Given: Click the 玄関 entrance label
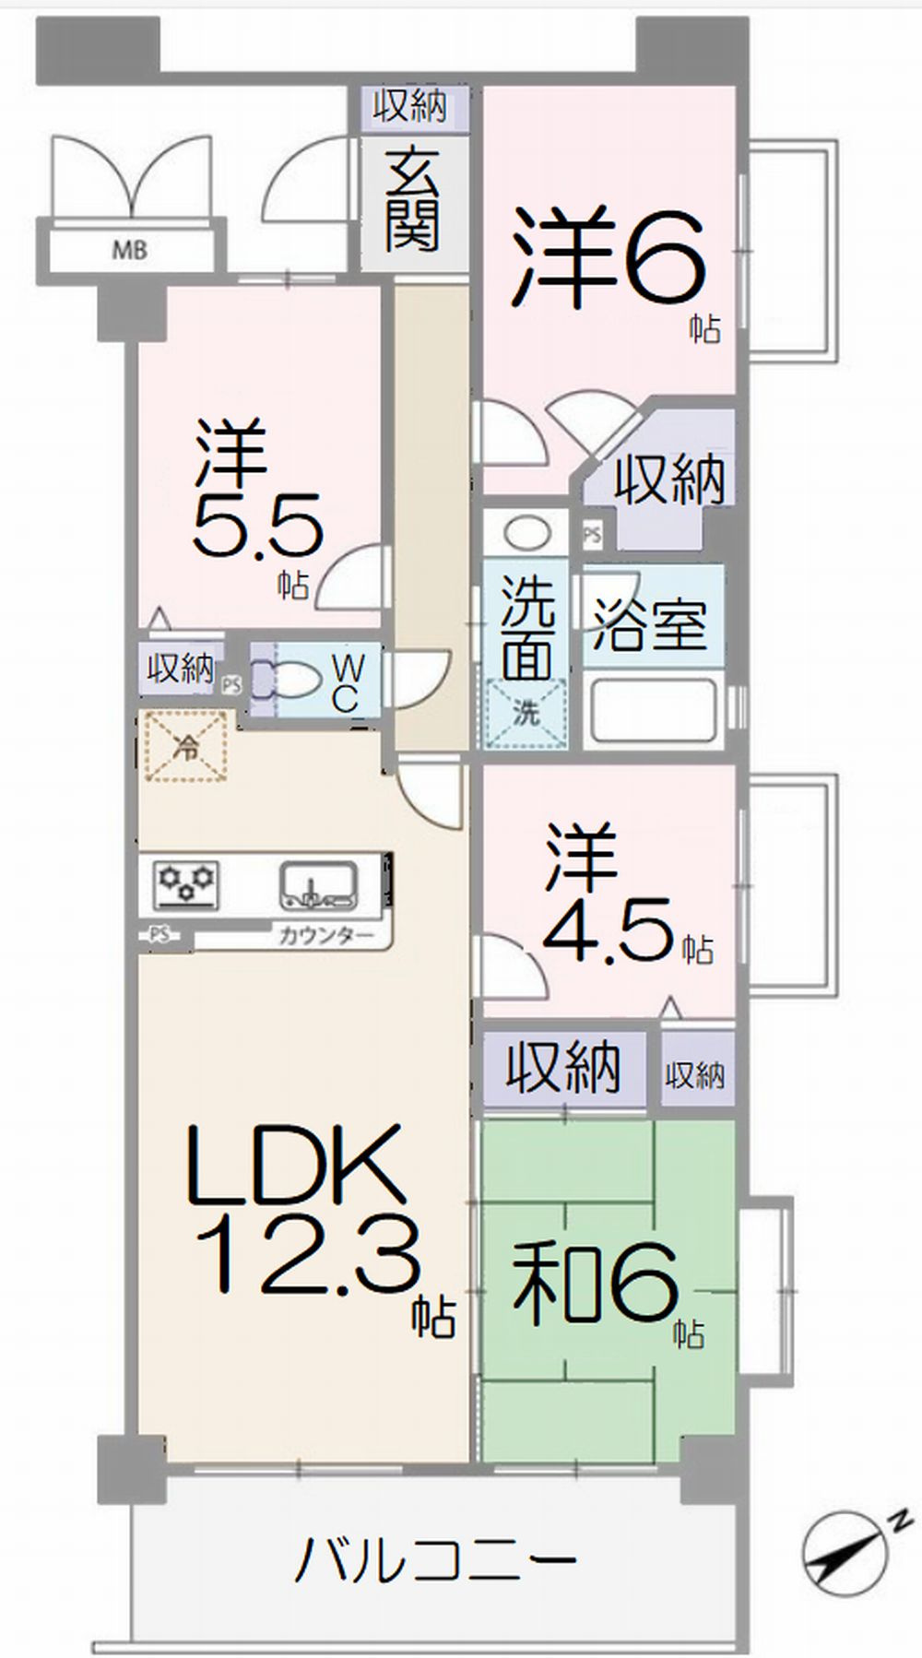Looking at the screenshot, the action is [412, 202].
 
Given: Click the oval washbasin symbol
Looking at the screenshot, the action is [526, 533].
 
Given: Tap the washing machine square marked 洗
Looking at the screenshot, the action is [526, 713].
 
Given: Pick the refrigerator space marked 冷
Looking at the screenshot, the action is [187, 746].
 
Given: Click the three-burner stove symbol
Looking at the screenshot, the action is [188, 882].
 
